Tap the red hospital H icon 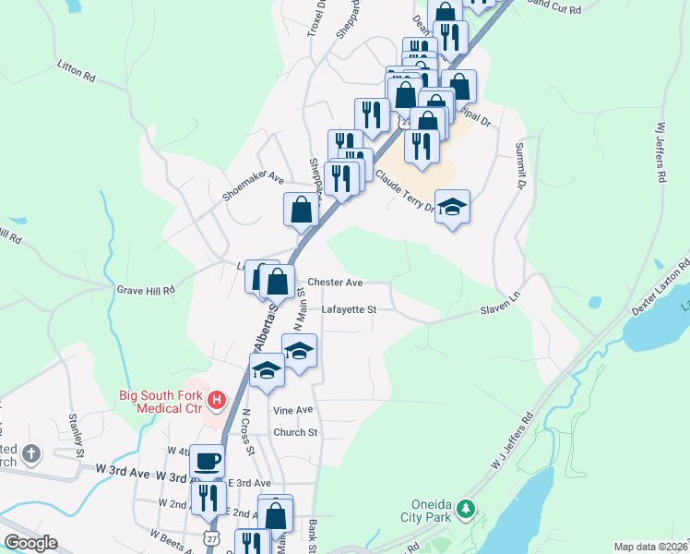(x=216, y=400)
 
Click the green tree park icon (x=467, y=509)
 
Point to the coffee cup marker (x=208, y=459)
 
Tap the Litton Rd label (x=76, y=73)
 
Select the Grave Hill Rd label (x=146, y=290)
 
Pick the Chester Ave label (x=335, y=282)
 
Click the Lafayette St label (x=349, y=310)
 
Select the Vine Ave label (x=293, y=410)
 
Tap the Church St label (x=295, y=432)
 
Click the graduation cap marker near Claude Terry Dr (x=452, y=206)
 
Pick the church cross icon (x=30, y=453)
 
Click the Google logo (x=30, y=543)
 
